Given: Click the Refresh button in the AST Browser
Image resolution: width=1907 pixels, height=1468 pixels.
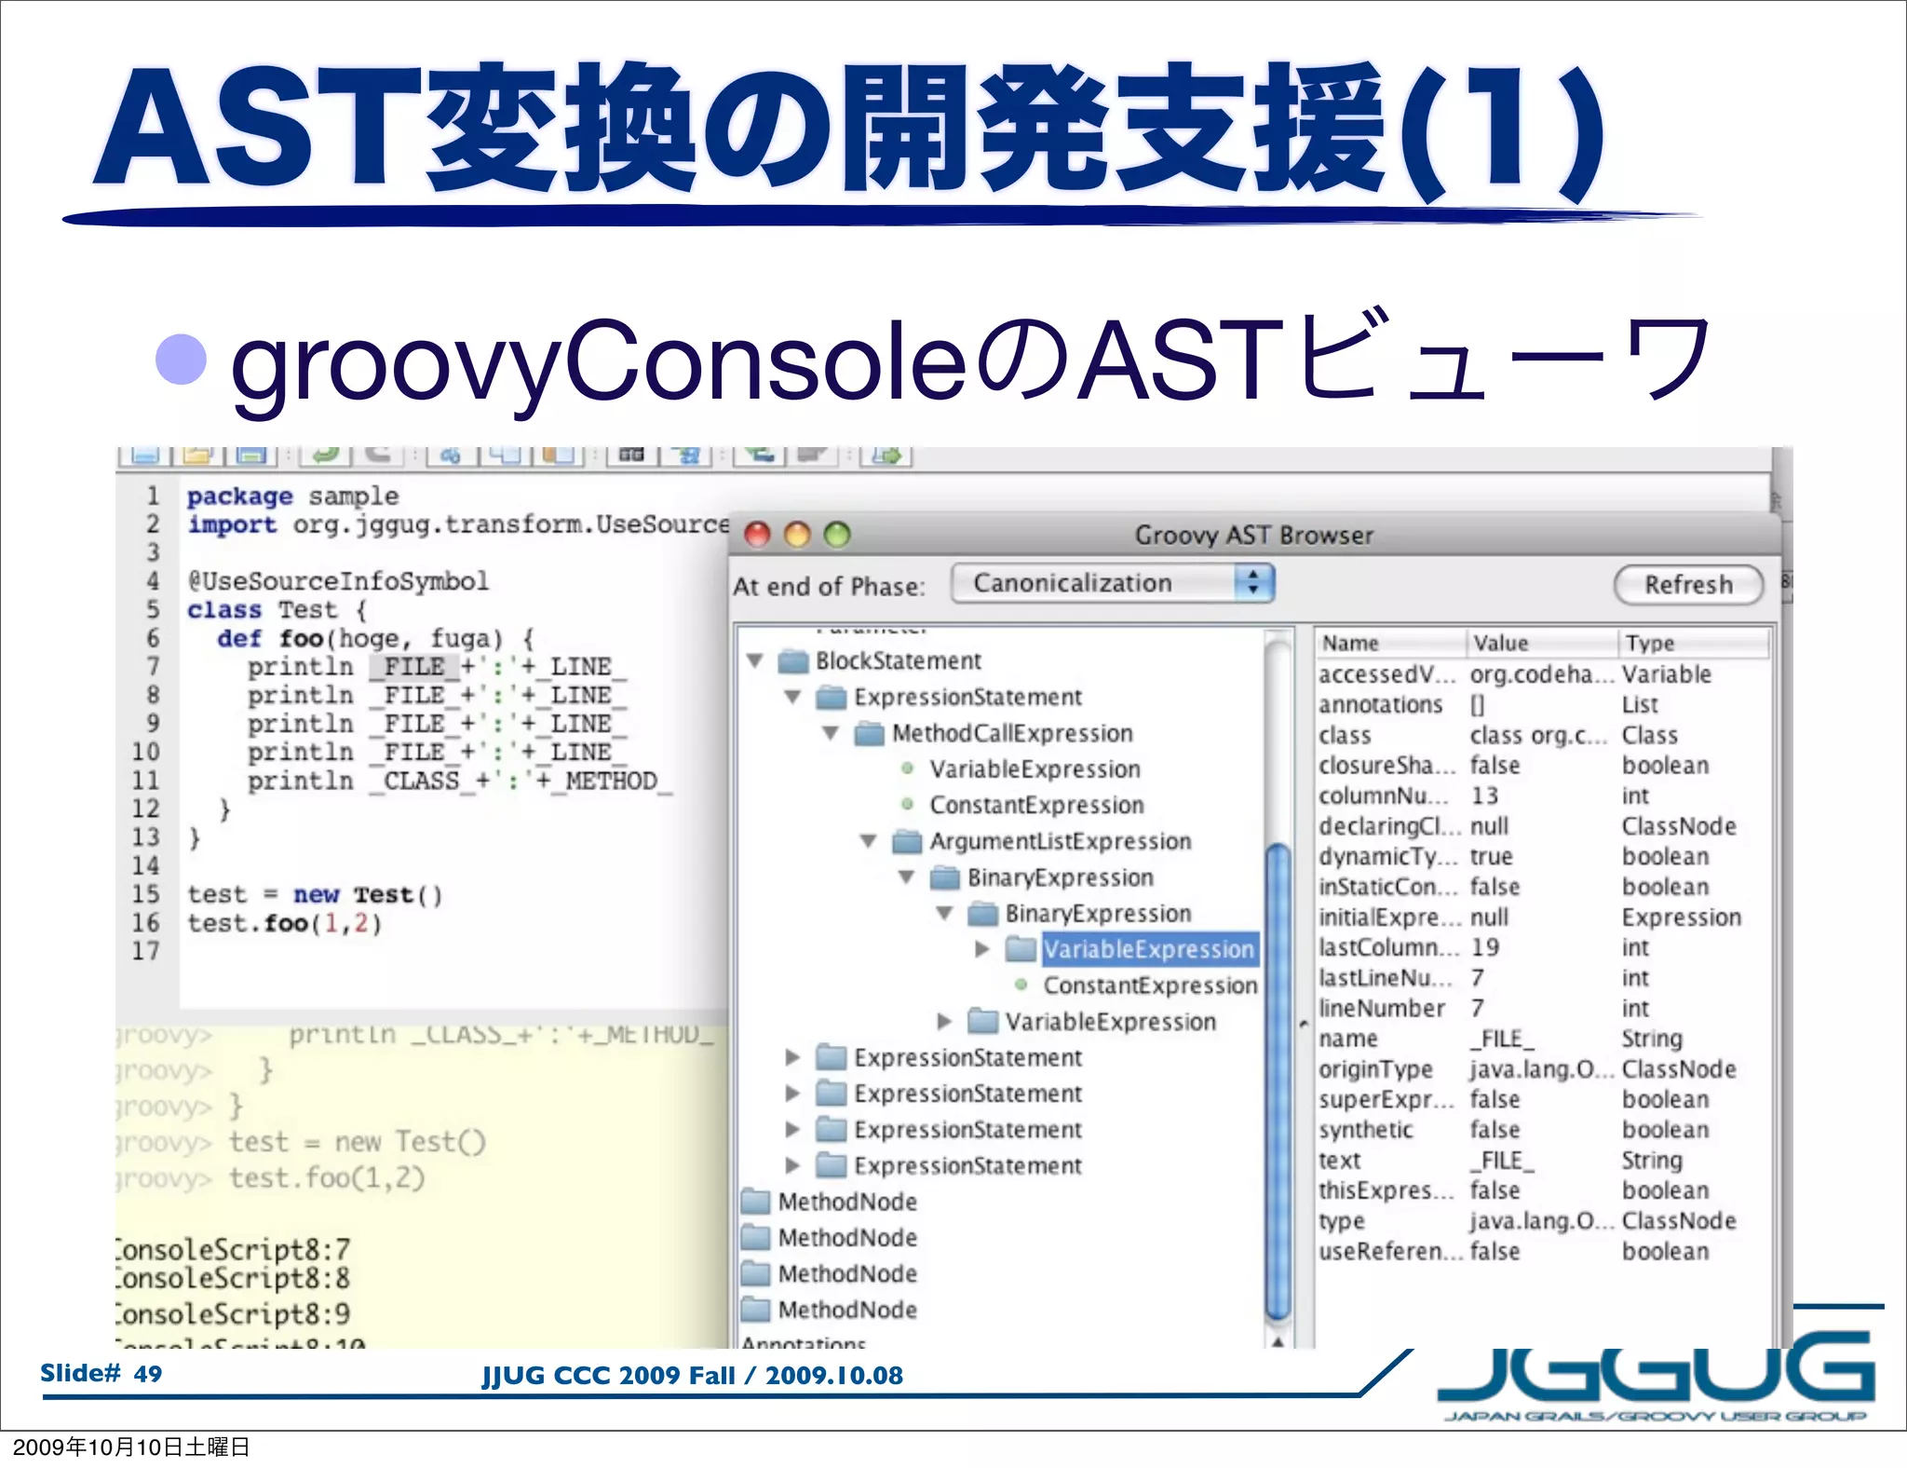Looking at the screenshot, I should [1688, 585].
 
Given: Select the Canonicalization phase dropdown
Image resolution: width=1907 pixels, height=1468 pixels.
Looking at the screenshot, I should [1112, 583].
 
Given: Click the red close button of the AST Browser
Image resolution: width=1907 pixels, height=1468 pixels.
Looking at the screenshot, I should [758, 535].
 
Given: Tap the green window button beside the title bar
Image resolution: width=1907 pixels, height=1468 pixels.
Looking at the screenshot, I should [837, 535].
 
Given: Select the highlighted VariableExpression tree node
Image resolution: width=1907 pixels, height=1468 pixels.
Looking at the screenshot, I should [1148, 949].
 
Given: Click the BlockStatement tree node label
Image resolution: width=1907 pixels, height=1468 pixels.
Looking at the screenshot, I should [898, 660].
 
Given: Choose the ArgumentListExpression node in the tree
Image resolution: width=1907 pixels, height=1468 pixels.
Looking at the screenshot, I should [1060, 841].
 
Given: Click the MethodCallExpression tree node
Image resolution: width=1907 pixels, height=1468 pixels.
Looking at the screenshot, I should [1011, 733].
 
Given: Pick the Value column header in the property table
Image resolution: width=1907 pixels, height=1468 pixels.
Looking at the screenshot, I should [1500, 643].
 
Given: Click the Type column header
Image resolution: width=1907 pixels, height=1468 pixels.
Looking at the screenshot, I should [1650, 643].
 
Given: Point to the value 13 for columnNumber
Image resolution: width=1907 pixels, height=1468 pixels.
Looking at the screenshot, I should [1484, 795].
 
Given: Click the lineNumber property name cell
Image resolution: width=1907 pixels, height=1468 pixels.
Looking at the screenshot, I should [1381, 1008].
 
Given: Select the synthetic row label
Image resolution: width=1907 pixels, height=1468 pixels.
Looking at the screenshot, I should [1365, 1129].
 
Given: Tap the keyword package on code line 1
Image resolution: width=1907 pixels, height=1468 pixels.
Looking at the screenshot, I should [239, 496].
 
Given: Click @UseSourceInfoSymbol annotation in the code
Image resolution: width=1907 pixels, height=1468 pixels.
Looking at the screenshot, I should [338, 581].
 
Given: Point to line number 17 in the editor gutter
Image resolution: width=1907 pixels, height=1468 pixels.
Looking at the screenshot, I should [145, 951].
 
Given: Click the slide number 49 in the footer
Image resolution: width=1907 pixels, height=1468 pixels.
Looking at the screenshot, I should [147, 1373].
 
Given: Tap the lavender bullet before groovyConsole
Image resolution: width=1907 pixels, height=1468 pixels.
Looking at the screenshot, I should [181, 360].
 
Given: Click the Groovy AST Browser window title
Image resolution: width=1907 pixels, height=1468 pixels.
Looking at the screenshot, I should [1253, 535].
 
